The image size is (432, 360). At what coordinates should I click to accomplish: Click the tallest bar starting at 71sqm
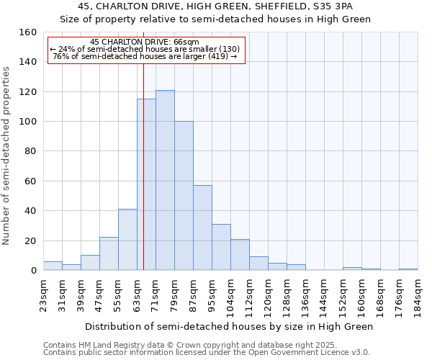pyautogui.click(x=165, y=180)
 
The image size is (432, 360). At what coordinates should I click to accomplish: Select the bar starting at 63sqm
pyautogui.click(x=146, y=184)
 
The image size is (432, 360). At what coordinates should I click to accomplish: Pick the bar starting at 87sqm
pyautogui.click(x=202, y=228)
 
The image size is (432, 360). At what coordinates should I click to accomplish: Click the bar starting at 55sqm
pyautogui.click(x=127, y=240)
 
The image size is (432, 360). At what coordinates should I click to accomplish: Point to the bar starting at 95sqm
pyautogui.click(x=221, y=247)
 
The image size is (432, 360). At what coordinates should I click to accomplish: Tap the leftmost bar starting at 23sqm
pyautogui.click(x=53, y=266)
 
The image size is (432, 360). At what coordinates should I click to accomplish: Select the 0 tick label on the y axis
pyautogui.click(x=33, y=271)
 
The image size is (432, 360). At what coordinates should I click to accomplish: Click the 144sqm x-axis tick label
pyautogui.click(x=325, y=295)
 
